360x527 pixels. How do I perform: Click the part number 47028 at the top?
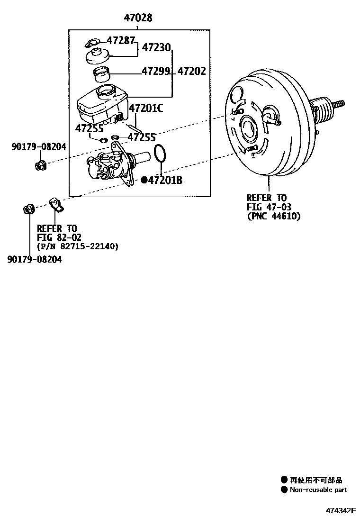click(x=138, y=18)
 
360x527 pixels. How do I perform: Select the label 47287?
click(x=121, y=40)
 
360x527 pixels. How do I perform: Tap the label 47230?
click(x=156, y=48)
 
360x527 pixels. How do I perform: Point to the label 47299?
click(x=156, y=71)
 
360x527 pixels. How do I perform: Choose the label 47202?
click(x=192, y=71)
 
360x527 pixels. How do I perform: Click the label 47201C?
click(x=146, y=109)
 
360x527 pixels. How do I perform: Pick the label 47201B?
click(x=165, y=180)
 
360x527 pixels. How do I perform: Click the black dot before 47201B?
click(x=144, y=180)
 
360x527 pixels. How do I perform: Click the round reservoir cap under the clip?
click(x=98, y=56)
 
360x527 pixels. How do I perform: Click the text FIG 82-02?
click(x=59, y=237)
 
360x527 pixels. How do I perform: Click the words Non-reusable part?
click(x=318, y=490)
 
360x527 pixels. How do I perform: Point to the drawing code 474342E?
click(x=340, y=510)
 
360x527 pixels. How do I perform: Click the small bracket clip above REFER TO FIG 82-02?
click(x=57, y=206)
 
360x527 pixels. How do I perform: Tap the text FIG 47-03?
click(x=269, y=207)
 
